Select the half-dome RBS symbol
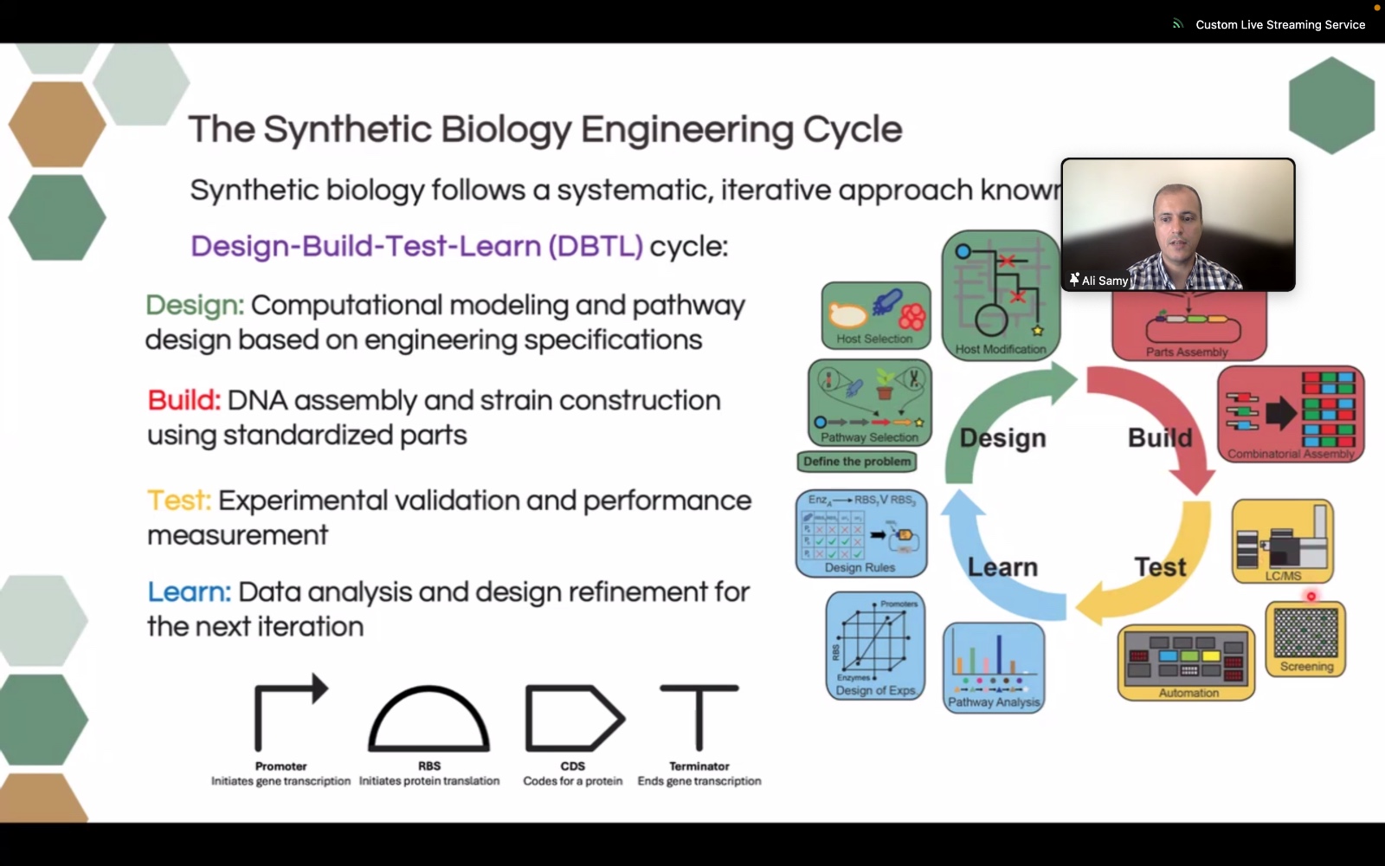pyautogui.click(x=429, y=719)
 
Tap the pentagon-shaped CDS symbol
pyautogui.click(x=573, y=718)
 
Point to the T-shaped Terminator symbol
pyautogui.click(x=699, y=717)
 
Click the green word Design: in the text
pyautogui.click(x=195, y=306)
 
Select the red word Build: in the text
pyautogui.click(x=184, y=401)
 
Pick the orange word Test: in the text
pyautogui.click(x=179, y=501)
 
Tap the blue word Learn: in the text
pyautogui.click(x=189, y=592)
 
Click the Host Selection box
pyautogui.click(x=875, y=315)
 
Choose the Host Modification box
pyautogui.click(x=1001, y=295)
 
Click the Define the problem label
pyautogui.click(x=857, y=462)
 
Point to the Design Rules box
pyautogui.click(x=861, y=533)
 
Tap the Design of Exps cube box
pyautogui.click(x=875, y=646)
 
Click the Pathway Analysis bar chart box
pyautogui.click(x=994, y=667)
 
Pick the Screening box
pyautogui.click(x=1305, y=639)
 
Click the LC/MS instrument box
pyautogui.click(x=1283, y=541)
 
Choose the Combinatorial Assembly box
pyautogui.click(x=1291, y=414)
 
